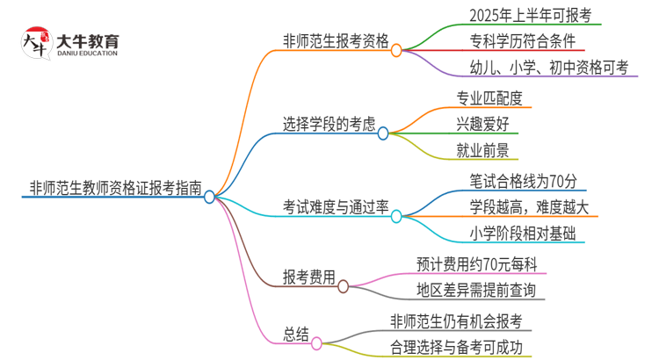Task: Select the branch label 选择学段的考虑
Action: pyautogui.click(x=328, y=124)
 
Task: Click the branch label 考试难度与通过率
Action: pyautogui.click(x=335, y=206)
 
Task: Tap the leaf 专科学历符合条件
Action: pyautogui.click(x=519, y=40)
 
